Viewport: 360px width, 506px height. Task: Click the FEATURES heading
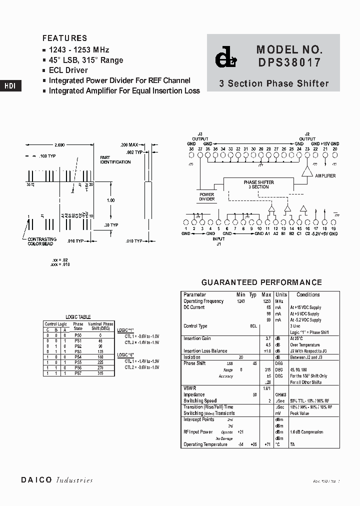point(64,38)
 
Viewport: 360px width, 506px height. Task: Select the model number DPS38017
point(289,63)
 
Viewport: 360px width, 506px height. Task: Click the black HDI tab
point(10,85)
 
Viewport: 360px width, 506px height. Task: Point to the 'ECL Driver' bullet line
point(68,70)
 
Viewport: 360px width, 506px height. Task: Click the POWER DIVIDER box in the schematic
point(207,196)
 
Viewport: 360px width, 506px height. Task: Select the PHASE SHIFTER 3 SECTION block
point(258,184)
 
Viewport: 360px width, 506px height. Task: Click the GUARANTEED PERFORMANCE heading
point(261,282)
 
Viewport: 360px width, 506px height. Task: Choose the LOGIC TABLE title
point(78,317)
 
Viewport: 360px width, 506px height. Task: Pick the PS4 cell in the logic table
point(78,357)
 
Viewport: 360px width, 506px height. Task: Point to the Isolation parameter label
point(192,357)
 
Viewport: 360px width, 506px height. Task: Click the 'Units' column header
point(281,295)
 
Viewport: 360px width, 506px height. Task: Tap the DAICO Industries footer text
point(57,480)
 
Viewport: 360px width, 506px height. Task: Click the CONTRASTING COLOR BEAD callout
point(42,241)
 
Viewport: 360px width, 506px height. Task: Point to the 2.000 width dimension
point(59,144)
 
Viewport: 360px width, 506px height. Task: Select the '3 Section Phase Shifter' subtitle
point(274,83)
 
